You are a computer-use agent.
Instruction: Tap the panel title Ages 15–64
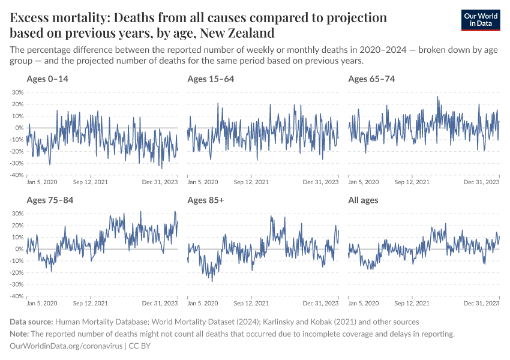211,79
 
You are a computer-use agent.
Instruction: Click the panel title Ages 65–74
371,79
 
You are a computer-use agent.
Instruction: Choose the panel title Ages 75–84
50,200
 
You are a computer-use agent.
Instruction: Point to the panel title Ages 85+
205,200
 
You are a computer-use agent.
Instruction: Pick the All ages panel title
364,200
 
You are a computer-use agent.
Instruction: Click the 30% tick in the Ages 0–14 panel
17,92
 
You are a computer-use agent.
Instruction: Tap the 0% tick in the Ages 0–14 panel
19,128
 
